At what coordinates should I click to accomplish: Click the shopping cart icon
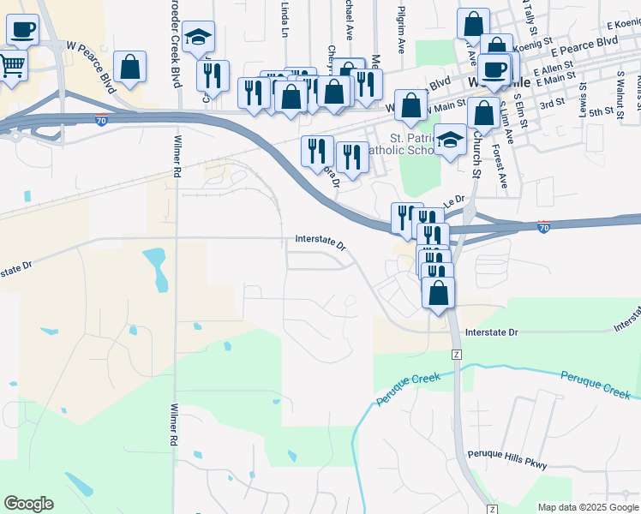(12, 64)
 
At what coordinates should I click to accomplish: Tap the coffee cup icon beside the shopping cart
(23, 30)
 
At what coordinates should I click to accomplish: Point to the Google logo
(28, 504)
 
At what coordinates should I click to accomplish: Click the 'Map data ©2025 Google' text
(587, 507)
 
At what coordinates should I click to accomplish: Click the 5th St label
(602, 111)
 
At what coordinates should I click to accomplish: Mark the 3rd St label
(553, 103)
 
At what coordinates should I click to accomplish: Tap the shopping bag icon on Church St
(483, 113)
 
